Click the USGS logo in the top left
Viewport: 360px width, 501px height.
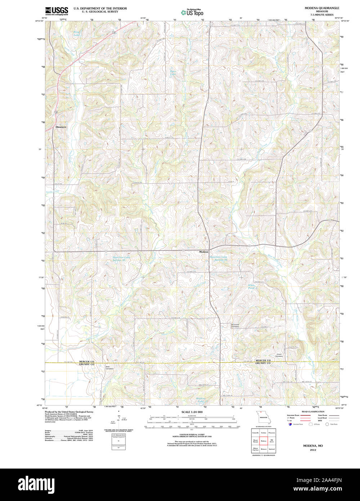click(x=57, y=11)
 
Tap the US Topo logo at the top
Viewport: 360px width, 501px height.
click(x=192, y=13)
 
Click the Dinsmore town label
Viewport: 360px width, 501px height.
click(x=61, y=127)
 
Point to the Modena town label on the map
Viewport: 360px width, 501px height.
click(x=204, y=252)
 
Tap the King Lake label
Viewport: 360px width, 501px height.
click(x=76, y=34)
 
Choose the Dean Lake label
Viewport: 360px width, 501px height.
click(x=173, y=73)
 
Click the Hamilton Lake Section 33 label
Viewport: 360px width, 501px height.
click(x=121, y=259)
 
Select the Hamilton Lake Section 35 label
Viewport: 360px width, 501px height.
click(x=219, y=258)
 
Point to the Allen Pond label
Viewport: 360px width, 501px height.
click(x=251, y=287)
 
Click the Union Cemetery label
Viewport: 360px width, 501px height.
click(x=279, y=355)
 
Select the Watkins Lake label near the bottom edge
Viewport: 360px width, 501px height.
click(x=200, y=400)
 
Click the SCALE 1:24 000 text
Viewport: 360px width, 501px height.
click(x=192, y=412)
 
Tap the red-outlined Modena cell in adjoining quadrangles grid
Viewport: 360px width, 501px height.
click(x=263, y=441)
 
